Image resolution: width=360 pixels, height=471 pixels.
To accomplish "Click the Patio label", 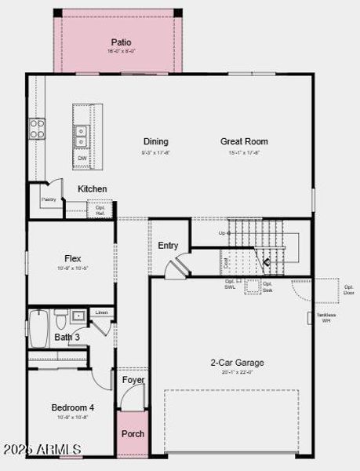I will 121,42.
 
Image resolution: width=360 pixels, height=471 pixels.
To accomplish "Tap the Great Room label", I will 244,142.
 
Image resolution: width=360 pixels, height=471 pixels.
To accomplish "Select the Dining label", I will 155,142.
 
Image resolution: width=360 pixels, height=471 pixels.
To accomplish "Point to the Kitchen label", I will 93,189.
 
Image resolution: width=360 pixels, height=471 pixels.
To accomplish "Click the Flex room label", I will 72,258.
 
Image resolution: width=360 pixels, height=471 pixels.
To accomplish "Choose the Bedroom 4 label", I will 72,407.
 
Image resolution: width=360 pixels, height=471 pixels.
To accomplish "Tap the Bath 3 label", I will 67,338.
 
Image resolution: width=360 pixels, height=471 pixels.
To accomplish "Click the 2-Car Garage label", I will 237,363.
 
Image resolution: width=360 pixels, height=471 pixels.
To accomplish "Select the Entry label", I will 168,246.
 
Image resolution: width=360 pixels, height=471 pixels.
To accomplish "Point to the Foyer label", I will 133,381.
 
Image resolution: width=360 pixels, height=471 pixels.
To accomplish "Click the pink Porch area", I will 133,434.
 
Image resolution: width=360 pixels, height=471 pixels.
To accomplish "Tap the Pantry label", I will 49,200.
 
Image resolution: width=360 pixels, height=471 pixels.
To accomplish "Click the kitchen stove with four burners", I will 37,129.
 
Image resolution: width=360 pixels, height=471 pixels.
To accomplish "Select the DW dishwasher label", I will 82,159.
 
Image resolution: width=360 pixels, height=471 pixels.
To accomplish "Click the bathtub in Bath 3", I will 39,323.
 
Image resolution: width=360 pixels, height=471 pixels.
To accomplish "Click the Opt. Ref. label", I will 100,210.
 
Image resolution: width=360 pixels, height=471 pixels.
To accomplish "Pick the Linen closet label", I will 102,312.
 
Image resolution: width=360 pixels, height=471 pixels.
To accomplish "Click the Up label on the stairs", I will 223,233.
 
